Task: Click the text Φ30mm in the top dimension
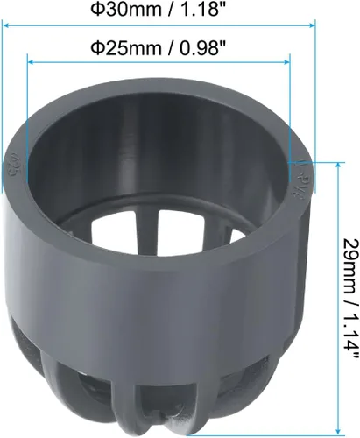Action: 126,9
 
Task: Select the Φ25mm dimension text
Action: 126,48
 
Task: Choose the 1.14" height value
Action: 349,336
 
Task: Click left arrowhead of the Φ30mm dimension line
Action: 5,25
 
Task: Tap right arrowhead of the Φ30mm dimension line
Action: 312,25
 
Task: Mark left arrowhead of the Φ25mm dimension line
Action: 30,62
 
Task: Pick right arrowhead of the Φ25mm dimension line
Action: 286,62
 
